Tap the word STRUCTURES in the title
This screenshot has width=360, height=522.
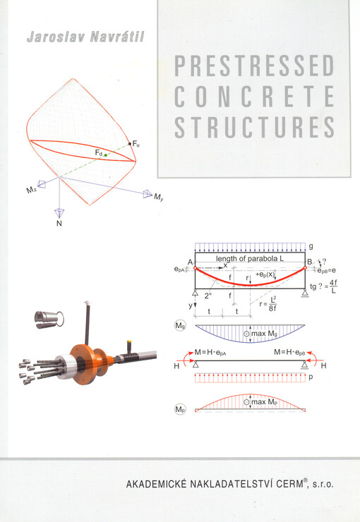click(x=253, y=128)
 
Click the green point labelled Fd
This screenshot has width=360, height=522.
click(x=105, y=154)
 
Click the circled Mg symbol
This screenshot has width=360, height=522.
click(x=181, y=326)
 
